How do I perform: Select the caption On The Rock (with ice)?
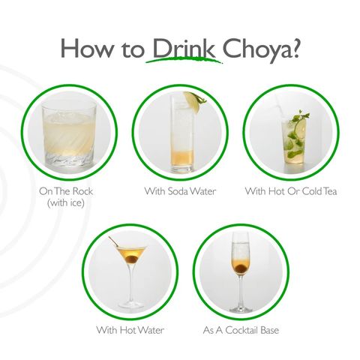tap(67, 196)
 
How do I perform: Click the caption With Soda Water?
tap(180, 191)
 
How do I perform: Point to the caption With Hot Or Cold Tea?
tap(291, 191)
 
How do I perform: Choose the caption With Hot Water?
tap(130, 329)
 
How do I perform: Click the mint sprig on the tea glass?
tap(299, 118)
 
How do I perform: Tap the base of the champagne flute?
tap(241, 308)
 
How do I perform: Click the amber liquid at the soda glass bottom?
tap(181, 158)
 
